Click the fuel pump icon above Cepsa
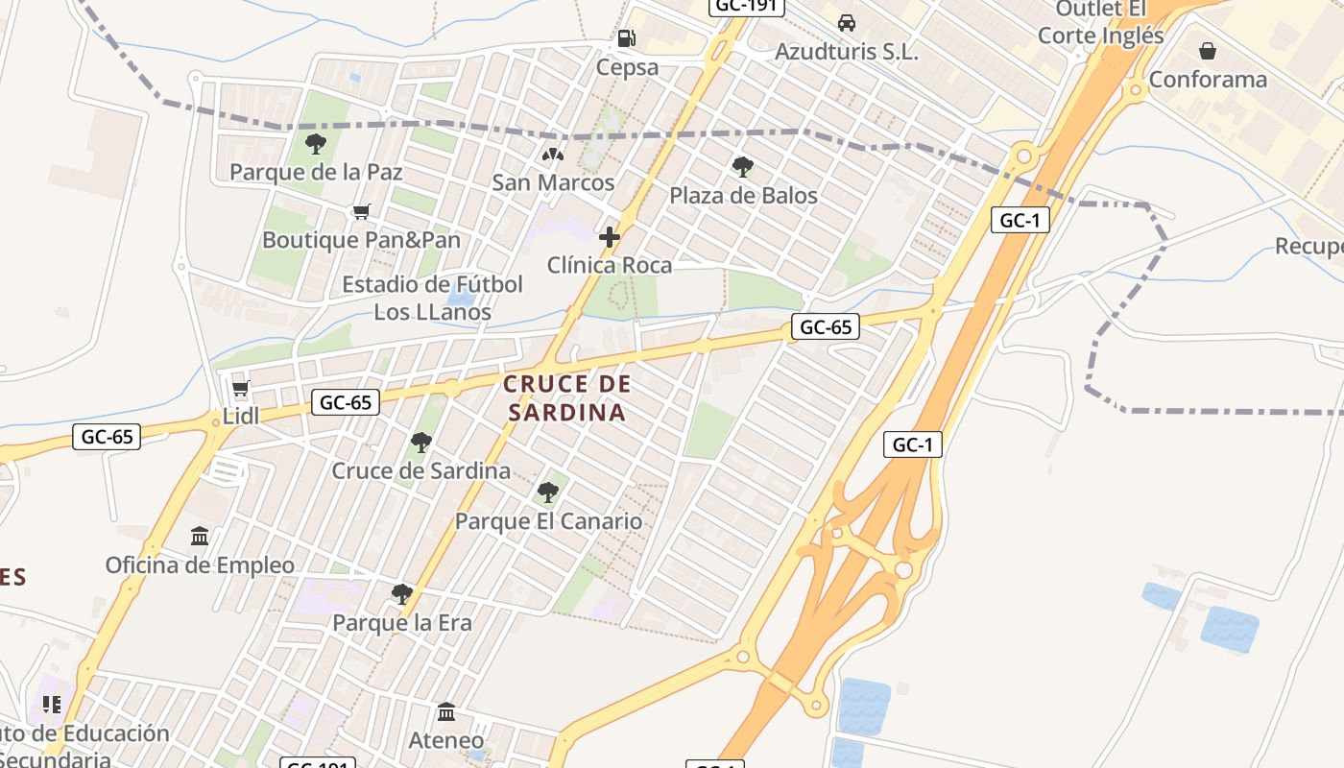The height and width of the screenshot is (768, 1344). (627, 38)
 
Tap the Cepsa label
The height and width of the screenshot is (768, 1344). (627, 67)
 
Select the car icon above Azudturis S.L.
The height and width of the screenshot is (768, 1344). (846, 23)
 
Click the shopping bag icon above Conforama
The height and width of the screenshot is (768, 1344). (1208, 50)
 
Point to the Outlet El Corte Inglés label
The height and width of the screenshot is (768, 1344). (1101, 23)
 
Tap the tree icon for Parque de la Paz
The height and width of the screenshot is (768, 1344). (315, 144)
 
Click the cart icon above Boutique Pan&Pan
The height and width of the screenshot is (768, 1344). (361, 211)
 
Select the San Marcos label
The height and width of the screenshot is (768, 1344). (553, 182)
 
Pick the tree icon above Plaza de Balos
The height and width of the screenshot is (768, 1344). (742, 167)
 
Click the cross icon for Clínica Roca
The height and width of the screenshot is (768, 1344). (609, 236)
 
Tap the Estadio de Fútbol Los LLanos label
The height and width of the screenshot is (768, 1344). (433, 298)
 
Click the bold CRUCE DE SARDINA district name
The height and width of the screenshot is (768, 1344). (567, 398)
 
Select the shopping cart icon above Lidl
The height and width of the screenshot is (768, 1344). (240, 389)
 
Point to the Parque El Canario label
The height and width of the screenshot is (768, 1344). (548, 521)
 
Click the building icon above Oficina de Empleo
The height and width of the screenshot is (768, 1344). (200, 536)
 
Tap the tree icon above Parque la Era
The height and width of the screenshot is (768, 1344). (401, 594)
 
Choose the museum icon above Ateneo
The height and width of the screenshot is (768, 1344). (446, 712)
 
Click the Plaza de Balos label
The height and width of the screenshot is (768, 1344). (743, 196)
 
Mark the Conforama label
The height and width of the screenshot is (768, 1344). (1208, 79)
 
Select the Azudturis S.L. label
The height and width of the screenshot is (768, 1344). (846, 52)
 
